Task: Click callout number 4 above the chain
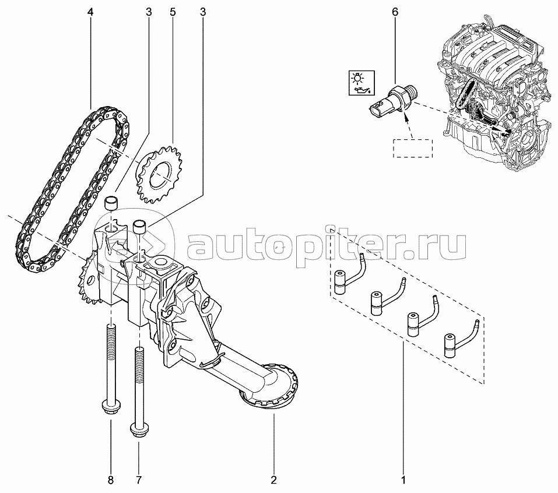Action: pyautogui.click(x=90, y=12)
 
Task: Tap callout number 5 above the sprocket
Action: pyautogui.click(x=173, y=12)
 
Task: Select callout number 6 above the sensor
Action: pyautogui.click(x=395, y=12)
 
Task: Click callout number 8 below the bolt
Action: pyautogui.click(x=110, y=480)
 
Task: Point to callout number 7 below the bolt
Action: pyautogui.click(x=139, y=480)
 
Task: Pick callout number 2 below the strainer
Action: pyautogui.click(x=273, y=480)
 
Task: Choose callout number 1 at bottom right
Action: pyautogui.click(x=403, y=480)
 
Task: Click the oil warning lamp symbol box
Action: pyautogui.click(x=361, y=83)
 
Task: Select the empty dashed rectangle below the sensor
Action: pyautogui.click(x=412, y=149)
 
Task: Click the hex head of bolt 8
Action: pyautogui.click(x=111, y=406)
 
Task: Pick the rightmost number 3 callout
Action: pyautogui.click(x=202, y=12)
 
